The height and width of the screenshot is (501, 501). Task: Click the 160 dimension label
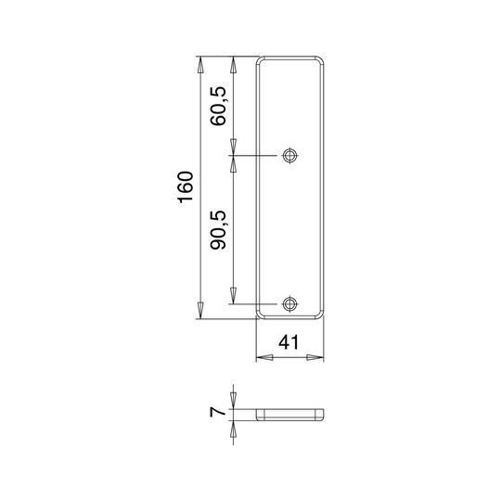pyautogui.click(x=186, y=187)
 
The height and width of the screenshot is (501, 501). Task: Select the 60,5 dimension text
pyautogui.click(x=218, y=106)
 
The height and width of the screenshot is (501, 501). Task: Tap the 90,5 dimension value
pyautogui.click(x=218, y=230)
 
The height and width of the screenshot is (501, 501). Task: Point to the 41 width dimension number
pyautogui.click(x=289, y=342)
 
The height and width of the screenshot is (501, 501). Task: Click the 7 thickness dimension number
pyautogui.click(x=217, y=413)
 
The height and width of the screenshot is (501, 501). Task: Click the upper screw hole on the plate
pyautogui.click(x=289, y=156)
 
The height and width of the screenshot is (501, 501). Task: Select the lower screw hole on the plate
pyautogui.click(x=289, y=304)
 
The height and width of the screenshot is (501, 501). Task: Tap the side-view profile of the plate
pyautogui.click(x=289, y=415)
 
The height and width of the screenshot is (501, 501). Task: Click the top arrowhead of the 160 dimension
pyautogui.click(x=200, y=65)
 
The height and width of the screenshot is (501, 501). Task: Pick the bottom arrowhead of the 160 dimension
pyautogui.click(x=200, y=310)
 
